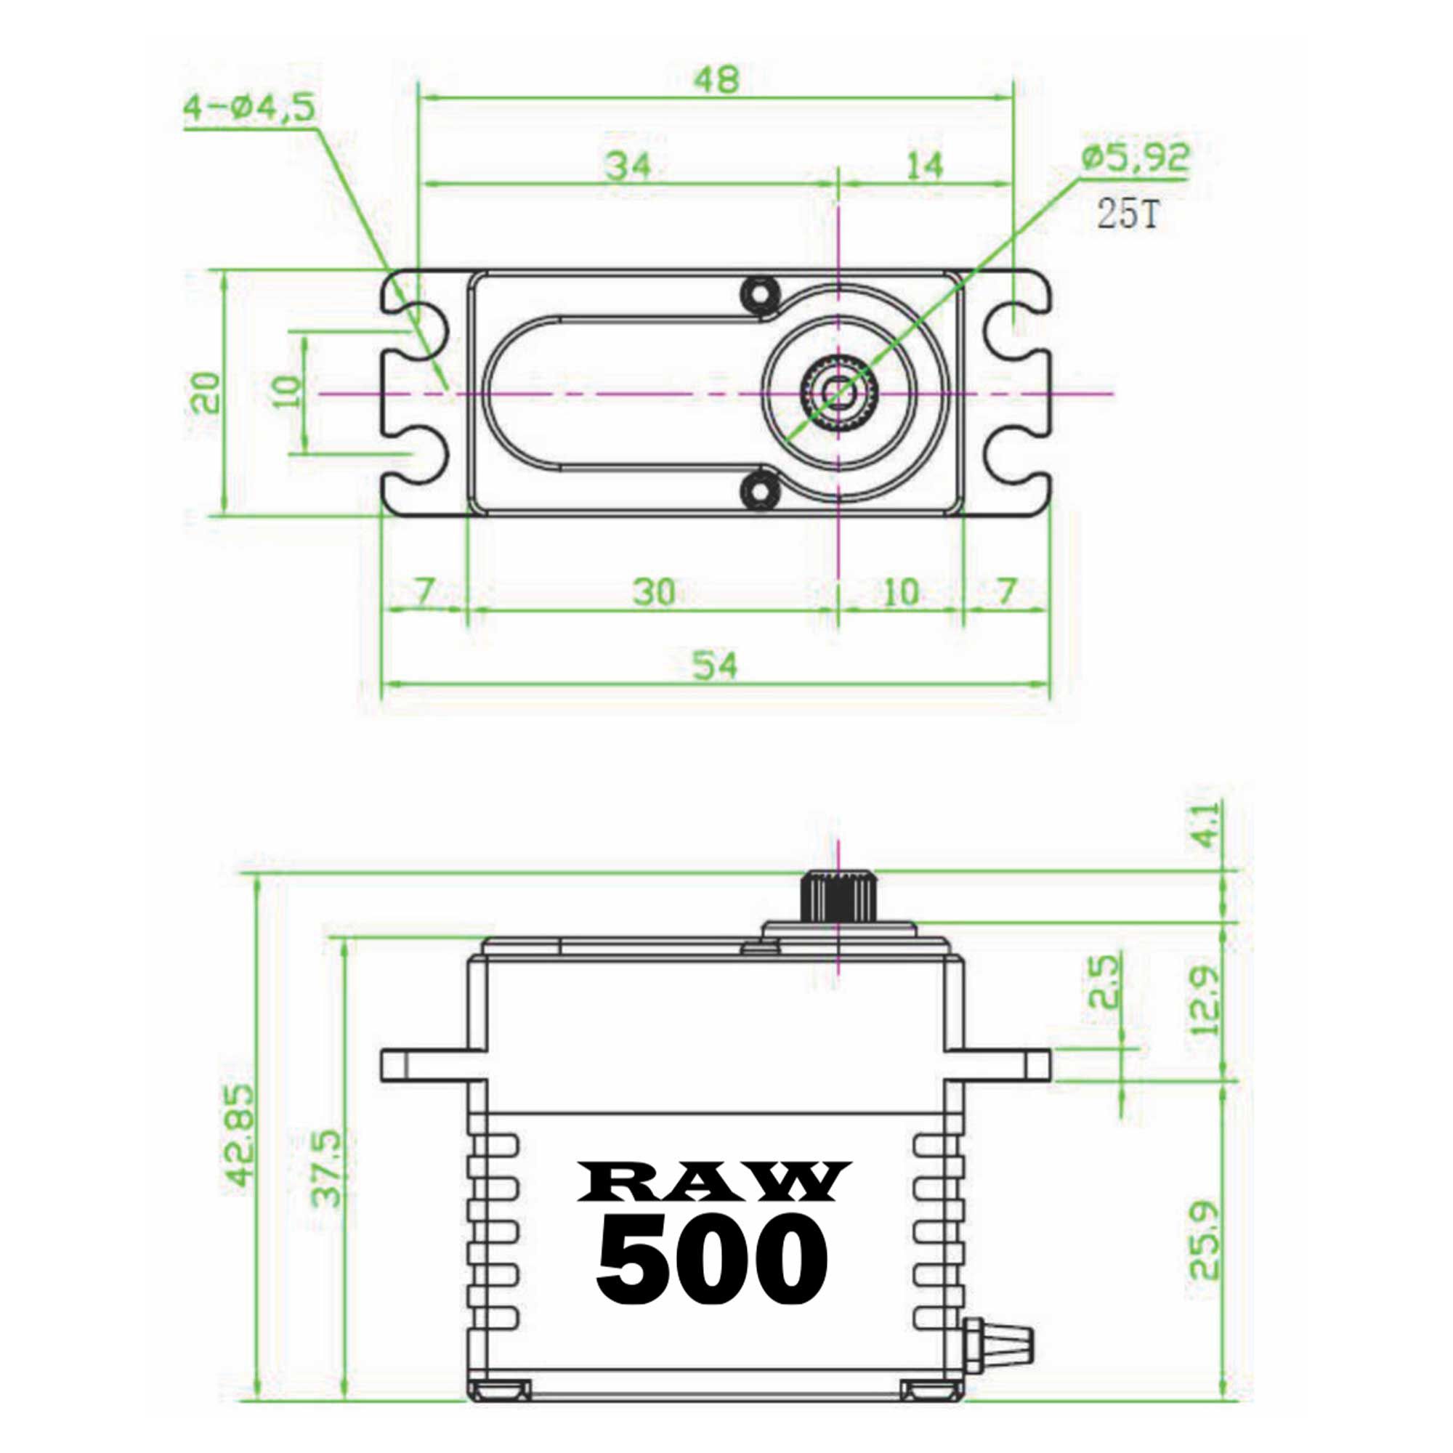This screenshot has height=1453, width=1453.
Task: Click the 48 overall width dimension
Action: click(716, 80)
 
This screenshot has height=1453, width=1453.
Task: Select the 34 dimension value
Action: click(628, 166)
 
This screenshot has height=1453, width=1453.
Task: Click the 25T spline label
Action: click(1128, 214)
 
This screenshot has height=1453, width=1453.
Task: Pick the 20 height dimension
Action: click(206, 392)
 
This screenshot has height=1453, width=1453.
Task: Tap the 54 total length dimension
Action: click(714, 665)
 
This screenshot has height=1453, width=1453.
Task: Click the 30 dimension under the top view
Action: click(653, 593)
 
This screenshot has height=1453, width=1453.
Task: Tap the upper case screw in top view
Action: click(757, 291)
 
